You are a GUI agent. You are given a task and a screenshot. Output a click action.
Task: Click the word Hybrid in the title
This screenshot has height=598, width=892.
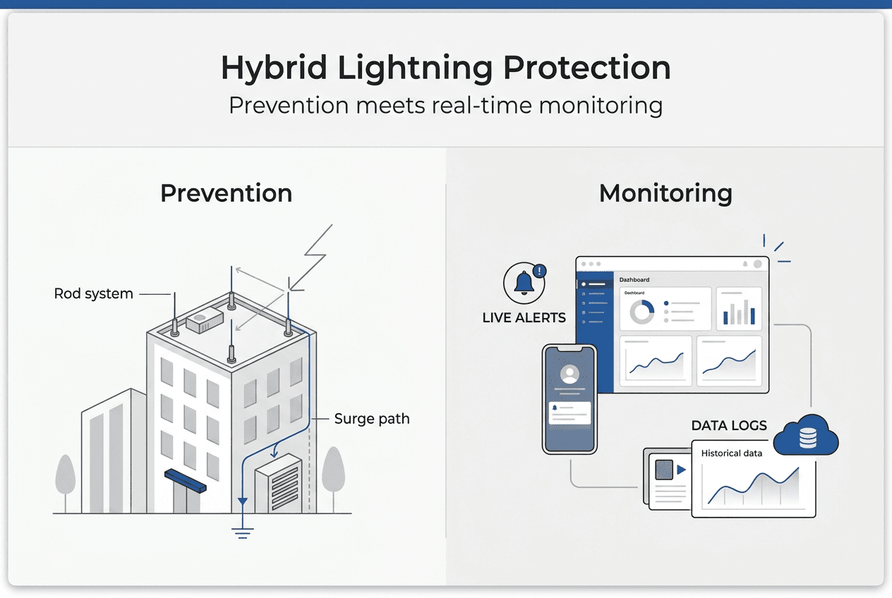tap(273, 68)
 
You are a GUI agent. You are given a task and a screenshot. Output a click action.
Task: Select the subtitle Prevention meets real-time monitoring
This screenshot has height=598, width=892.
tap(445, 106)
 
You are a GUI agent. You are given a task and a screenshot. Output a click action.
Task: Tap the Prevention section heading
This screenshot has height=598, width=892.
tap(226, 193)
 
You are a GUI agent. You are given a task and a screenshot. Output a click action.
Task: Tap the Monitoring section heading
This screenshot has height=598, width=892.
tap(665, 193)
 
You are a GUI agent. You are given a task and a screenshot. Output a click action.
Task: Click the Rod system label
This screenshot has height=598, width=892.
tap(93, 293)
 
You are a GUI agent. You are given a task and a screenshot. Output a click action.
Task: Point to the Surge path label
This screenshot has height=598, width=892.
tap(371, 419)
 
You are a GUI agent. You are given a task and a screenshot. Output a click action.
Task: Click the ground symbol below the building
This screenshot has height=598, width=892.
tap(243, 530)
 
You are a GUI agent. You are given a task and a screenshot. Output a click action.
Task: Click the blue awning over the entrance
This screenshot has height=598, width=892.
tap(185, 480)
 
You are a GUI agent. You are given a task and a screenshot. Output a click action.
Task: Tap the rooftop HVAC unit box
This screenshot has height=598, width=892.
tap(205, 322)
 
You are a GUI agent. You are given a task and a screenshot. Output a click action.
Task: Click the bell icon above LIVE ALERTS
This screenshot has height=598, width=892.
tap(524, 283)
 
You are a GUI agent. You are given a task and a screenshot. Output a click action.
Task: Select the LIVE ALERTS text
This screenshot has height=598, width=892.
tap(524, 318)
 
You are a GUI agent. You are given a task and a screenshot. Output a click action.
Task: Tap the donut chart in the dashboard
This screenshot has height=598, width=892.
tap(641, 311)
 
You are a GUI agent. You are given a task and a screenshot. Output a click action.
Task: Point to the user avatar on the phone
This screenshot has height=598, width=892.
tap(569, 374)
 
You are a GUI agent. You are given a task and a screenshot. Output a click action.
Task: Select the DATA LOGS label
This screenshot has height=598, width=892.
tap(728, 426)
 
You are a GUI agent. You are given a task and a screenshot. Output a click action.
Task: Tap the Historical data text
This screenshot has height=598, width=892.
tap(731, 453)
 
